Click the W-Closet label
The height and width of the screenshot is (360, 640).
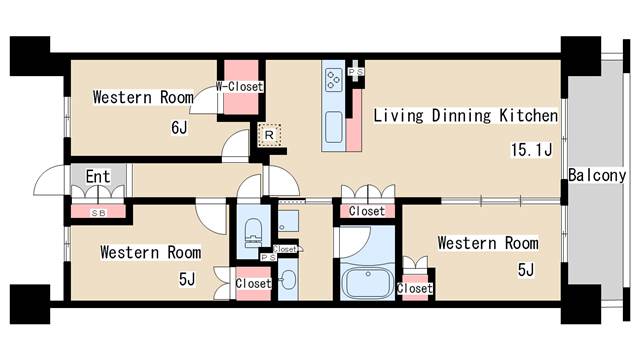[240, 87]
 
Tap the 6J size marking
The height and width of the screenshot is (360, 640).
[177, 127]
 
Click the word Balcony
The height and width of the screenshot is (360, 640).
[597, 175]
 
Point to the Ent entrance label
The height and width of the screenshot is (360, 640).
[97, 177]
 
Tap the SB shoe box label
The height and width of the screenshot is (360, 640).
[97, 212]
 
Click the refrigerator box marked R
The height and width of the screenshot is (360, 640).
[269, 135]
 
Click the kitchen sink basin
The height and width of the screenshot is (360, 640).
[333, 128]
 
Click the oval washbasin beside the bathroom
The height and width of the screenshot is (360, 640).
[288, 279]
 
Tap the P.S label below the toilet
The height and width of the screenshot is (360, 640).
[267, 258]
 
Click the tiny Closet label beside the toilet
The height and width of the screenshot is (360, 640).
[286, 249]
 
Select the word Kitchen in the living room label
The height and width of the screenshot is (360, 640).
[522, 116]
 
